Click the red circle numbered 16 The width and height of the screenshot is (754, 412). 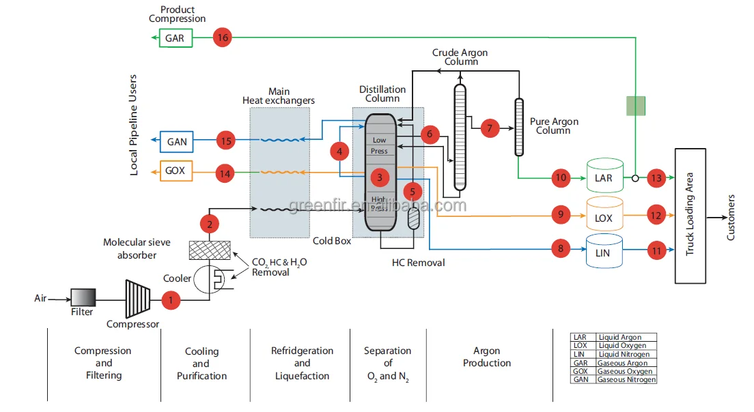222,38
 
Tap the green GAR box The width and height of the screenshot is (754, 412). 175,38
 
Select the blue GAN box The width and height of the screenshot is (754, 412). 177,142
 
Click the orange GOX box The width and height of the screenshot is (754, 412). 176,170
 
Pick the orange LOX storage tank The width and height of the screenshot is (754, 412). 604,216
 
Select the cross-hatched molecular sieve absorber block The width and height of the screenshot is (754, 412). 208,250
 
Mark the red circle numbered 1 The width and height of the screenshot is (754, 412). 171,299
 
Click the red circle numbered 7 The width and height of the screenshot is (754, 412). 490,128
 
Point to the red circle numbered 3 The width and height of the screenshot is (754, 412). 380,177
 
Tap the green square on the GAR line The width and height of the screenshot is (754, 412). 636,106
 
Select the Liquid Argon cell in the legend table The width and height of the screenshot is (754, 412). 626,337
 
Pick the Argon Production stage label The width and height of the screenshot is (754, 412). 487,357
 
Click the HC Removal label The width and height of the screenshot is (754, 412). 418,263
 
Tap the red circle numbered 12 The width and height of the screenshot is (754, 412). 656,216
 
